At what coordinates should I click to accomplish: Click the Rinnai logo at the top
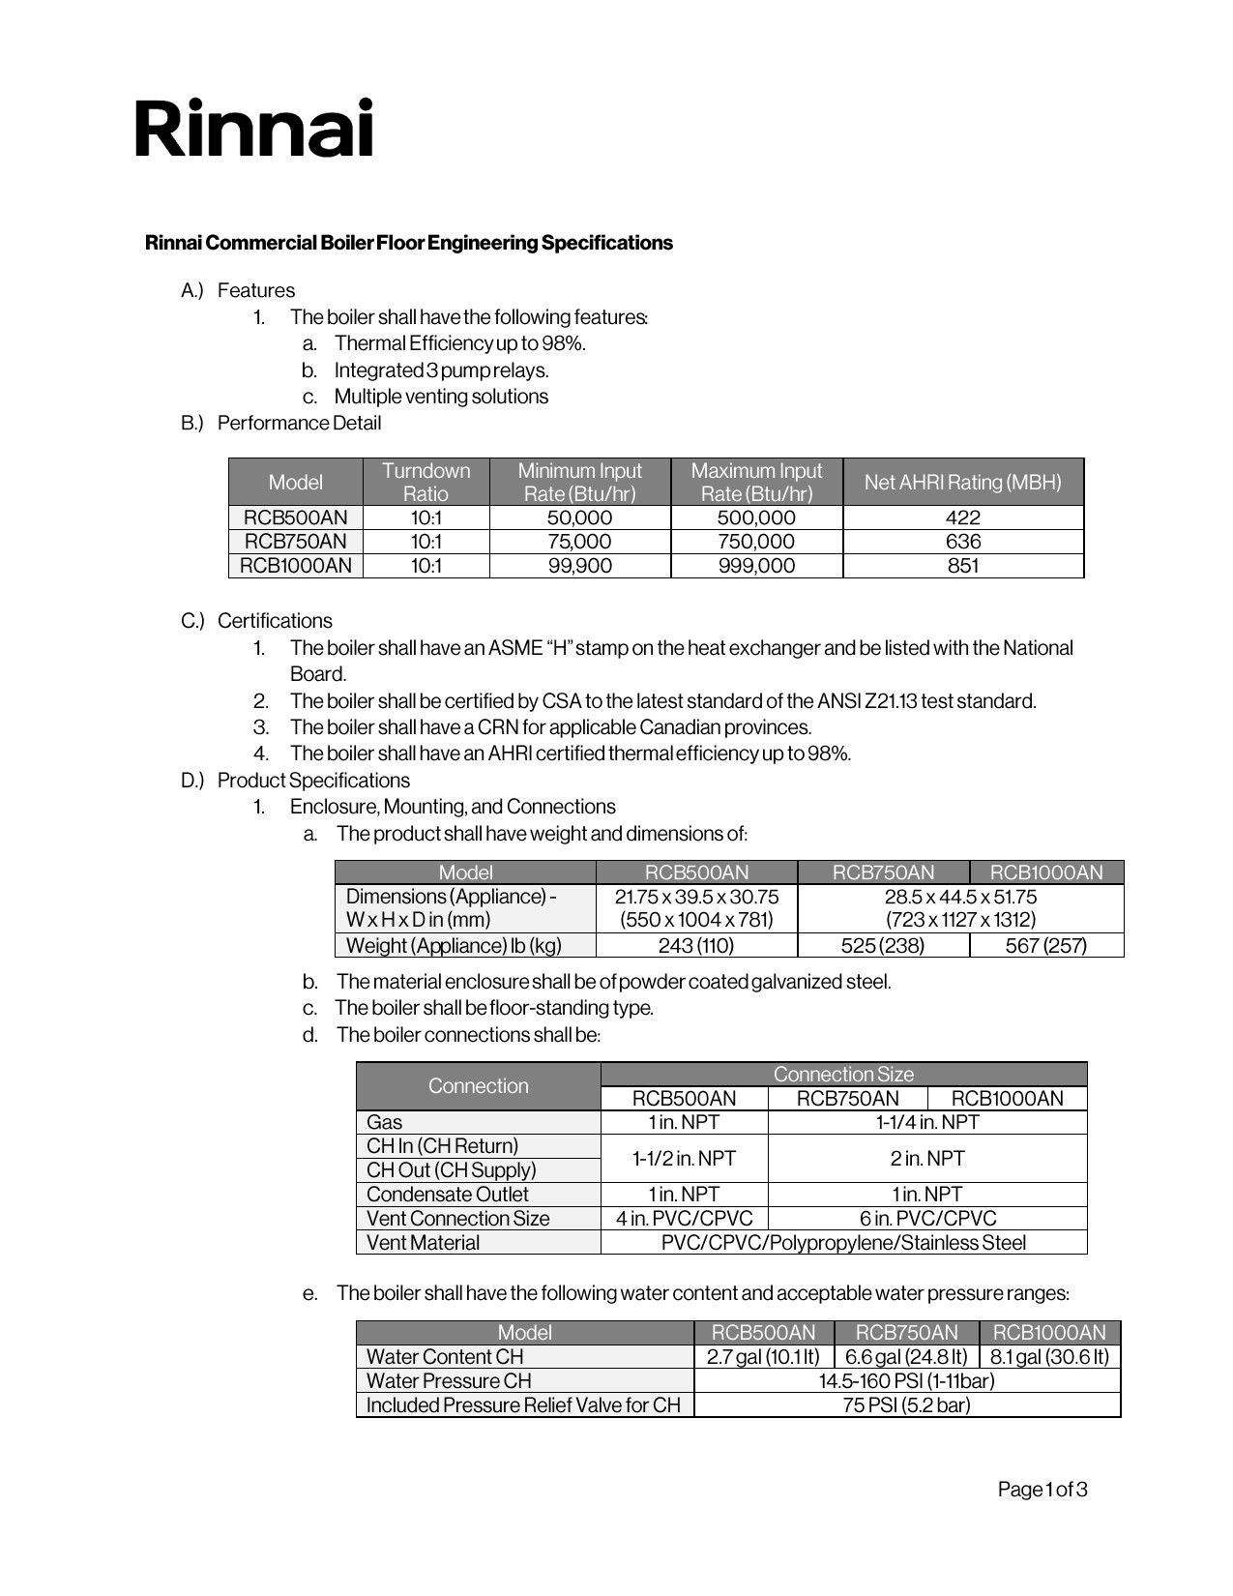click(253, 128)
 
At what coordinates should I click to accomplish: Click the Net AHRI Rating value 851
click(962, 566)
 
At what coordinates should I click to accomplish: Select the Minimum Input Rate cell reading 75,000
click(579, 542)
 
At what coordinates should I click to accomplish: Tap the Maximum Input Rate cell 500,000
click(756, 517)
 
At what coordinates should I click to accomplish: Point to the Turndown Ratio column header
click(426, 482)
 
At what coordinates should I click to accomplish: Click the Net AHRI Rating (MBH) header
click(962, 482)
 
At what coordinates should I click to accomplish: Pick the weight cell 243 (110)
click(696, 946)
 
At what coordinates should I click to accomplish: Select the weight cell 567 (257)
click(1045, 946)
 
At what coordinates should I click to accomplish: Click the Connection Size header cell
click(843, 1075)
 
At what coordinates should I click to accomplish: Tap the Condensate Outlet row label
click(448, 1195)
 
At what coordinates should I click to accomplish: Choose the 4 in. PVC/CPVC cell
click(684, 1219)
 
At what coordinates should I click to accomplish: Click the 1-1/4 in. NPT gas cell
click(927, 1122)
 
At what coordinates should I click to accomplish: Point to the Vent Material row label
click(423, 1243)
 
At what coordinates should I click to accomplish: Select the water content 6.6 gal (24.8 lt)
click(906, 1357)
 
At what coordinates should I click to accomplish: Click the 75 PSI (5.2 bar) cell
click(906, 1405)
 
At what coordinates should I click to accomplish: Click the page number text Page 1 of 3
click(1042, 1490)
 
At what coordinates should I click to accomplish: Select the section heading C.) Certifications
click(256, 621)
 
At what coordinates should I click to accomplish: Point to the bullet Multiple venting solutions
click(441, 397)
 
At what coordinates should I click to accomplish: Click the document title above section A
click(409, 243)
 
